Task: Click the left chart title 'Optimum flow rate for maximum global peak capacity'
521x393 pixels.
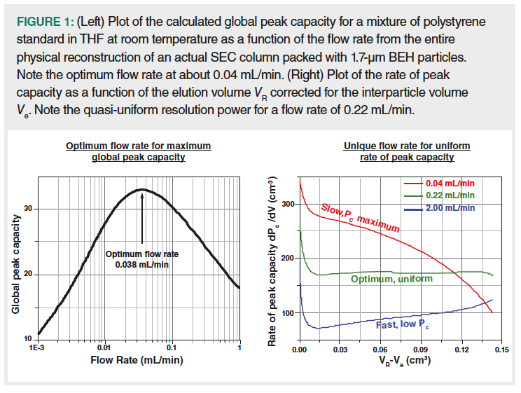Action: pos(138,151)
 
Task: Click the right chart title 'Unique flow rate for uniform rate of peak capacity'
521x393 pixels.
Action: pos(407,151)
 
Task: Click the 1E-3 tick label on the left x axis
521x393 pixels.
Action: pos(38,347)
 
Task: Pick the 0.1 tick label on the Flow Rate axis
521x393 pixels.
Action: pos(172,347)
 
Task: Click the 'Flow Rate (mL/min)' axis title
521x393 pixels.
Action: pos(138,361)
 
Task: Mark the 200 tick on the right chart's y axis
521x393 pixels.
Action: pos(286,258)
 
